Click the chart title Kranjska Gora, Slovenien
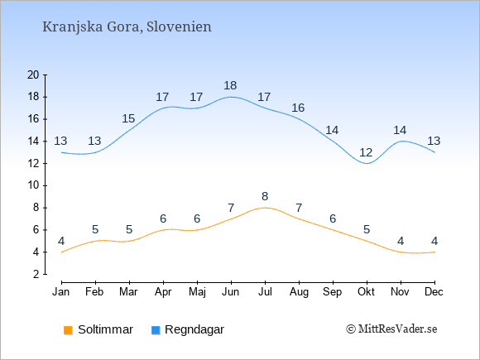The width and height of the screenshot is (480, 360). pos(127,27)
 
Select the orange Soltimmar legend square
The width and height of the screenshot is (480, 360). pos(68,330)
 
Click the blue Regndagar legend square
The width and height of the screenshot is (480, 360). pos(156,330)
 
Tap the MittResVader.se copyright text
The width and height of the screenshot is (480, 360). pos(391,329)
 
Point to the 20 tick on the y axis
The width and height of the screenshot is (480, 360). pos(33,74)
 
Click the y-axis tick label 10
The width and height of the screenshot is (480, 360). pos(33,185)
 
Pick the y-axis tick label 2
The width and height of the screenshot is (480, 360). pos(36,274)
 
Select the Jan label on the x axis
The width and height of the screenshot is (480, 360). pos(61,292)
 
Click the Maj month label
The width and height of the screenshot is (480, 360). pos(197,292)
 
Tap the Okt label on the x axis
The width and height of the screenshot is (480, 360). pos(366,292)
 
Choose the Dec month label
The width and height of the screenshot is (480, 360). pos(434,292)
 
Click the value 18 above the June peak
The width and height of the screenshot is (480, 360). pos(230,86)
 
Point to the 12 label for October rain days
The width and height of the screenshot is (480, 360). pos(366,152)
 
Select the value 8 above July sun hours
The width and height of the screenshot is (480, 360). pos(265,196)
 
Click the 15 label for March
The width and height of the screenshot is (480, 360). pos(128,119)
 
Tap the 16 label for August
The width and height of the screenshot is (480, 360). pos(298,108)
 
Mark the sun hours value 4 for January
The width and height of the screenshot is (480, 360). pos(61,241)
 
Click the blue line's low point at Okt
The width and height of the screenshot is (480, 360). pos(367,164)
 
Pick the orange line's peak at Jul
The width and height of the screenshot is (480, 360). pos(265,208)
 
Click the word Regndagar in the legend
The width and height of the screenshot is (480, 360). pos(194,330)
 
